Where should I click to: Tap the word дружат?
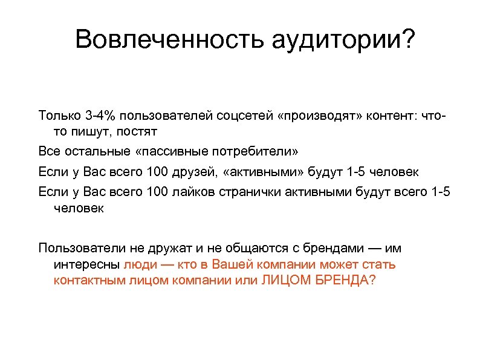[x=155, y=248]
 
